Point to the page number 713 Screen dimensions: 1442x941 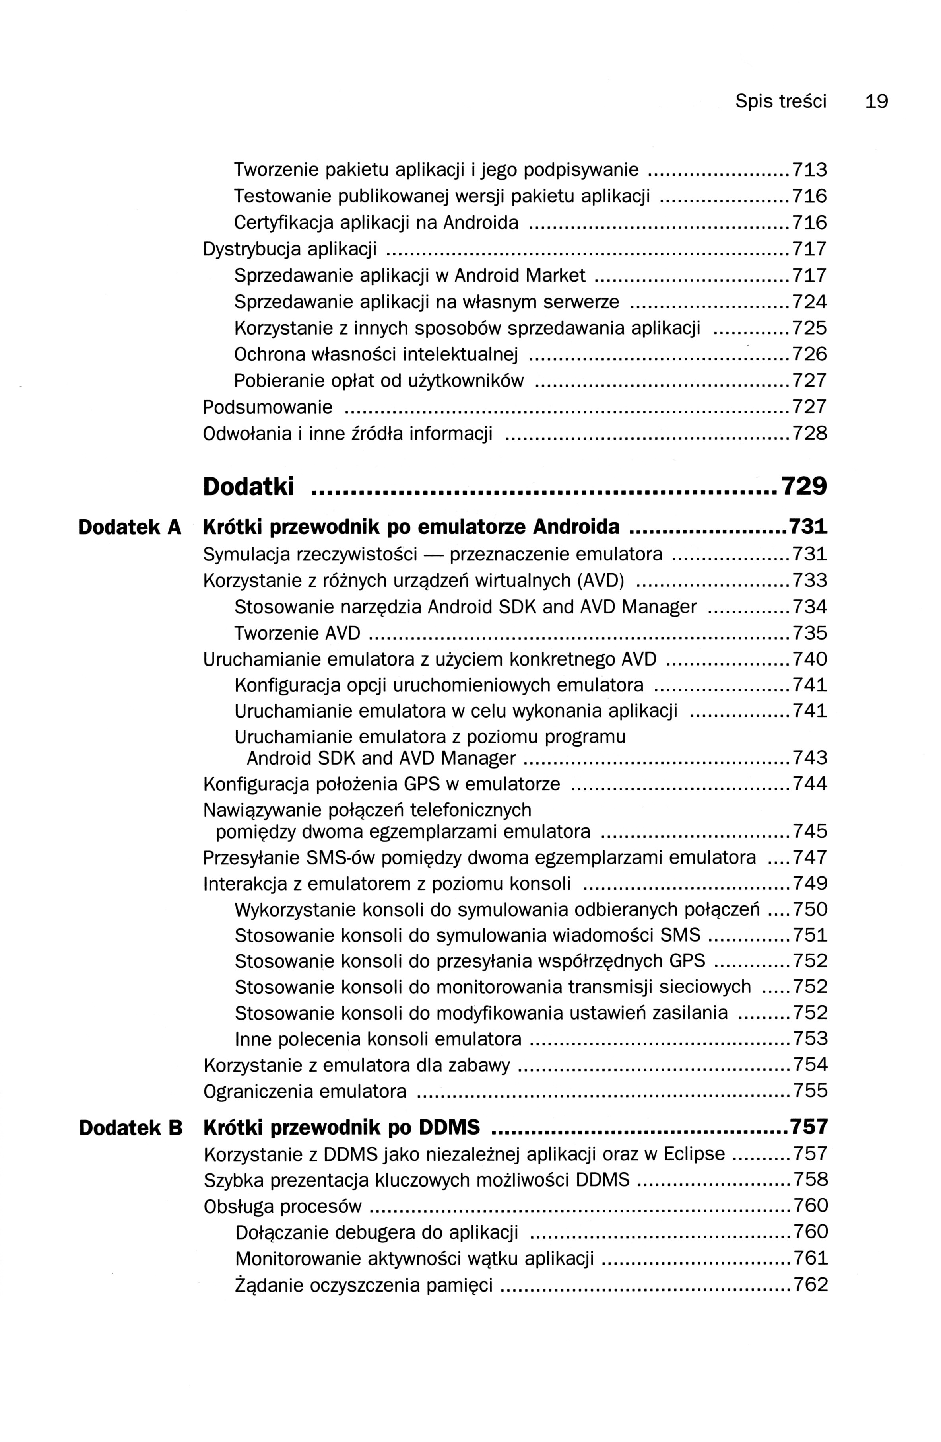[809, 170]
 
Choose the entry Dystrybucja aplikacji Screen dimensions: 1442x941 [289, 249]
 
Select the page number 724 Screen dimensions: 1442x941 [809, 302]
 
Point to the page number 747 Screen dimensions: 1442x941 [809, 858]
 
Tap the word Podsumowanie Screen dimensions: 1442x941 [267, 407]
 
